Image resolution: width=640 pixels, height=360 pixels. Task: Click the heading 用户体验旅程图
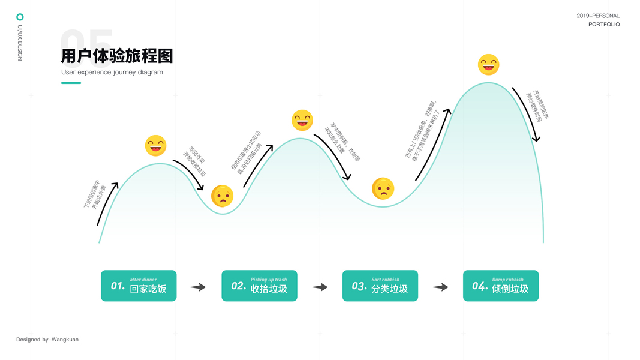[x=117, y=56]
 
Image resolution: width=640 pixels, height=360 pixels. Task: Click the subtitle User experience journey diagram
[x=112, y=73]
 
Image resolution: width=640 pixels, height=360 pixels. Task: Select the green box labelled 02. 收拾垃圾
[x=259, y=286]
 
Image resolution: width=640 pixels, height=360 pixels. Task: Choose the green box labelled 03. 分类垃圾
[x=380, y=286]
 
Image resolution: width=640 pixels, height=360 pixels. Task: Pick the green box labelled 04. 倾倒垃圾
[x=501, y=286]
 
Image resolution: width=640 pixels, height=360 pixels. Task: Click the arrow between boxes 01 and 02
[x=198, y=287]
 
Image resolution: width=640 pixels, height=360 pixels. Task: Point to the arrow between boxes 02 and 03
[x=320, y=287]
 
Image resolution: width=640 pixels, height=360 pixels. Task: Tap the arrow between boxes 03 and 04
[x=441, y=287]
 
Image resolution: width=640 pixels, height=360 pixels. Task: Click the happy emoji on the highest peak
[x=488, y=64]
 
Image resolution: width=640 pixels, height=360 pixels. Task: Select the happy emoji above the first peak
[x=155, y=146]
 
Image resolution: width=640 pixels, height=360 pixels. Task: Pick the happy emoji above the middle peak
[x=302, y=120]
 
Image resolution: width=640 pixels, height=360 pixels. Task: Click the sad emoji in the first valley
[x=222, y=196]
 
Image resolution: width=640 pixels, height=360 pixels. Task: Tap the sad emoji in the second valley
[x=383, y=188]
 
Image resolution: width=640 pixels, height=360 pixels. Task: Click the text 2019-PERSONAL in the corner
[x=598, y=16]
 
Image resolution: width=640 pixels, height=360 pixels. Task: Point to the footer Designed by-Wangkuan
[x=47, y=340]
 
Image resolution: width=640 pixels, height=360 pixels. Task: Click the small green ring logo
[x=20, y=17]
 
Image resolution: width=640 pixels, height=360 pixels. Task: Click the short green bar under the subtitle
[x=71, y=83]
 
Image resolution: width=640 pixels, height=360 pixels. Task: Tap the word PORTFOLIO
[x=604, y=25]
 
